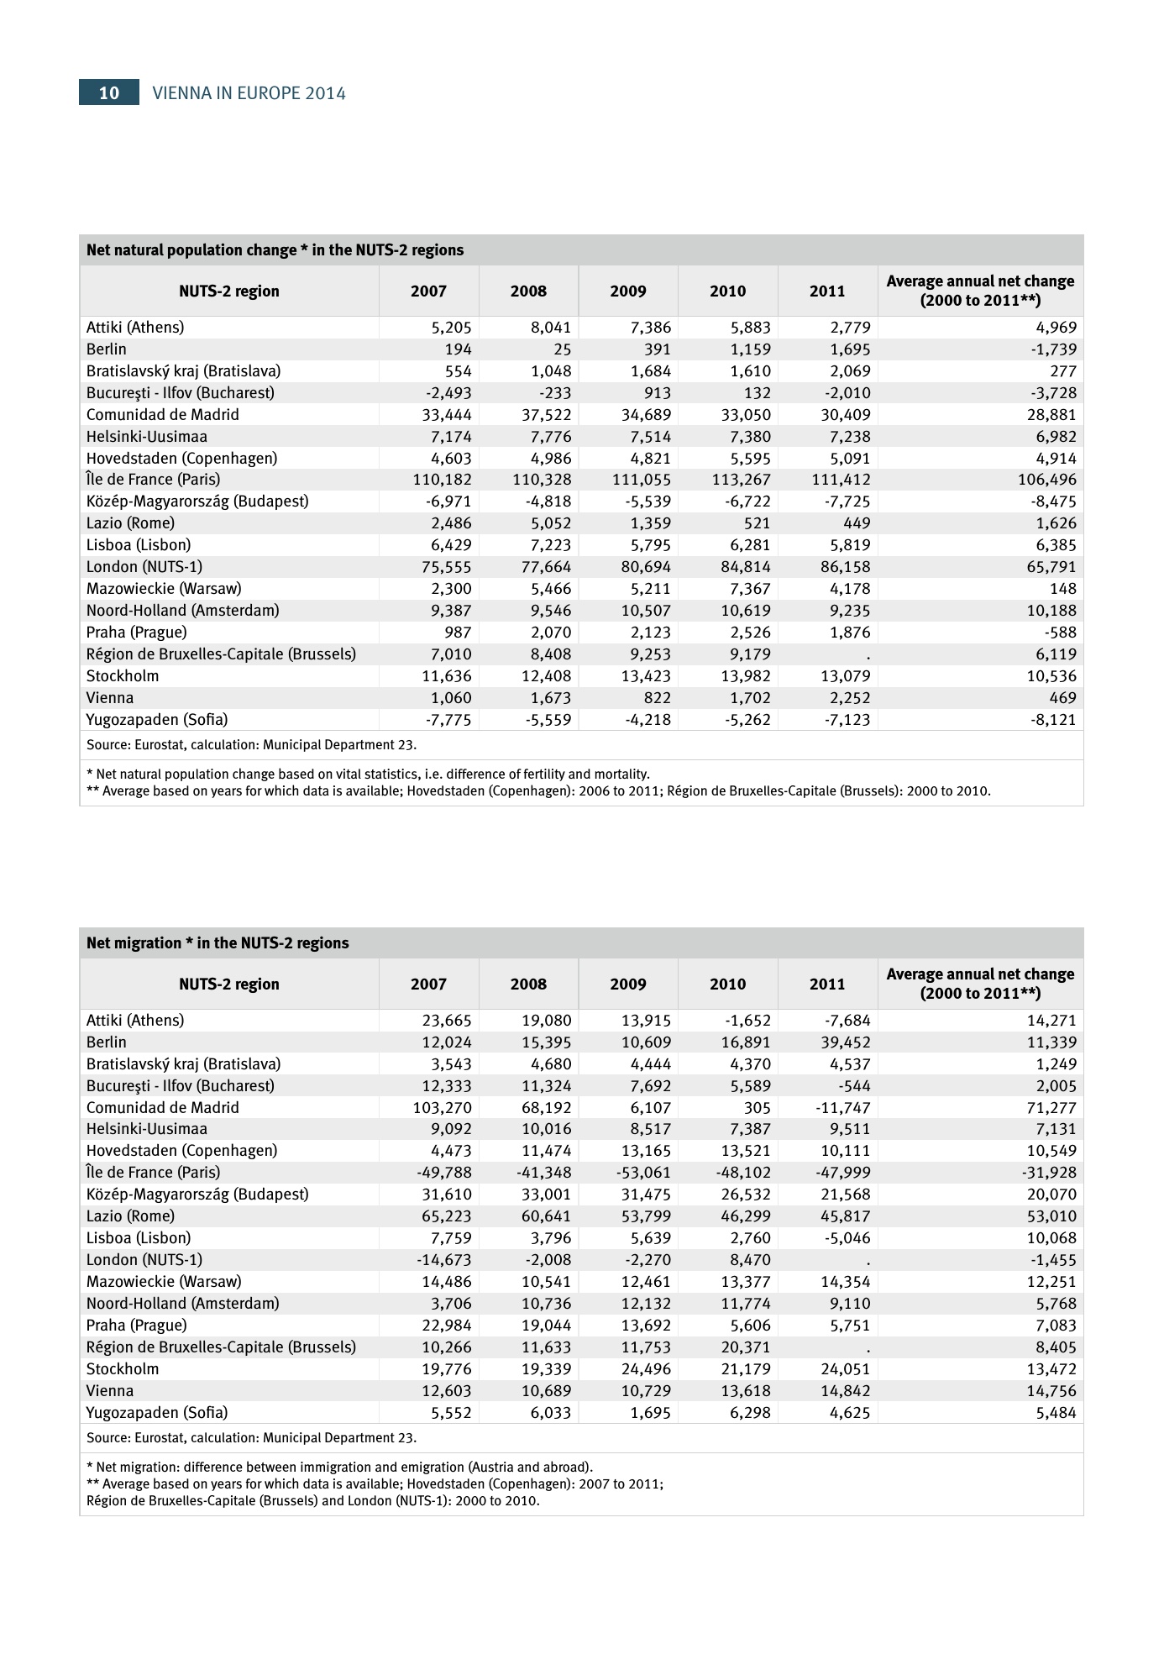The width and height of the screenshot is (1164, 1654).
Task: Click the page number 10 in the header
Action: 109,92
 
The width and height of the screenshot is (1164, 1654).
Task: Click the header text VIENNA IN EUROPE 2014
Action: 249,93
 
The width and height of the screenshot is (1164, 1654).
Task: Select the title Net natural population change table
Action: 275,250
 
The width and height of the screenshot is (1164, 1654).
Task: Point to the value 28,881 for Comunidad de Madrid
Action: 1045,415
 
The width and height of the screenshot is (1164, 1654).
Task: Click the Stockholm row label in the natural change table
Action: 123,676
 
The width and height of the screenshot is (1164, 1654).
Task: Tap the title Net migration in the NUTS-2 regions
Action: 218,943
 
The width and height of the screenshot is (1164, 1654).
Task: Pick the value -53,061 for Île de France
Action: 643,1173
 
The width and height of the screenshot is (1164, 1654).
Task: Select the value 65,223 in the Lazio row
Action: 446,1216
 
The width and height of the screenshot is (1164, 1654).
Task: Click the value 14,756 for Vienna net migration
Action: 1045,1391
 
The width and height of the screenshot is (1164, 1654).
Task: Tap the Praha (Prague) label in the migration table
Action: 136,1326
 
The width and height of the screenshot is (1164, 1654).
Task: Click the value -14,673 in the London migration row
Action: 443,1260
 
